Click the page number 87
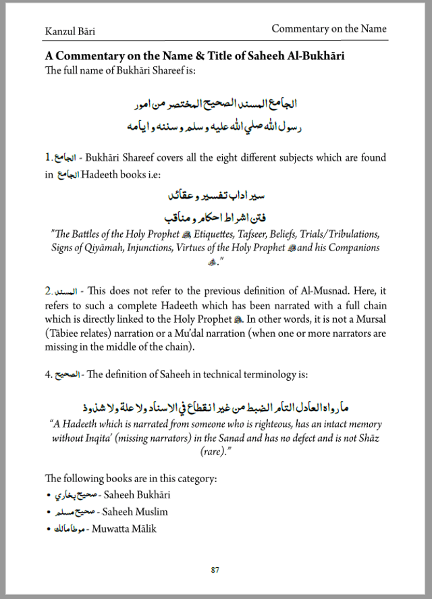point(215,571)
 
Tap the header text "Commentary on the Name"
point(329,29)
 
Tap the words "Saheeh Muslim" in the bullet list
point(135,512)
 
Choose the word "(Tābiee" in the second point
point(67,334)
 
